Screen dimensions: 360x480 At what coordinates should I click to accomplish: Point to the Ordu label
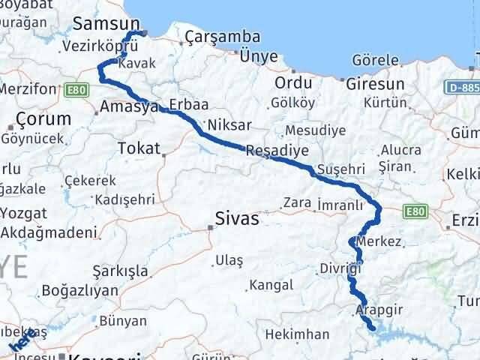point(293,82)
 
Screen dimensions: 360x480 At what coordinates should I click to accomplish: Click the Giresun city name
point(376,83)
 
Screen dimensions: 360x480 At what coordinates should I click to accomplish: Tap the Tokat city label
point(140,148)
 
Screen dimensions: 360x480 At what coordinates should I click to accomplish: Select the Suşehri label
point(340,169)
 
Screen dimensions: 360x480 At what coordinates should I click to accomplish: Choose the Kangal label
point(271,285)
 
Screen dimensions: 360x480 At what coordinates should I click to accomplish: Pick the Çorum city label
point(43,119)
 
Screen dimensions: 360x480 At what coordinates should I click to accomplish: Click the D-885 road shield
point(463,88)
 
